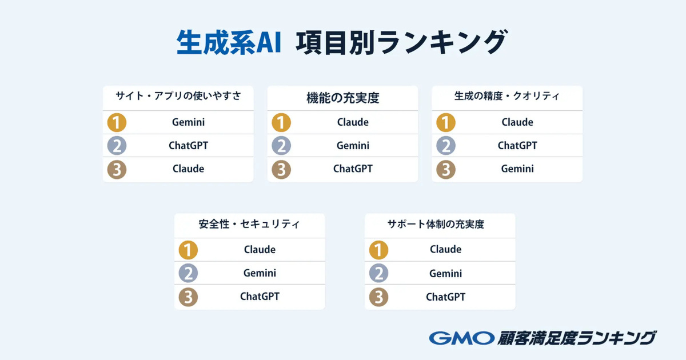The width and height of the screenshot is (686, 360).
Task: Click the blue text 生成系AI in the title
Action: (x=229, y=42)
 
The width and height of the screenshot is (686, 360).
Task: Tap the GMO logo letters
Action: (x=462, y=338)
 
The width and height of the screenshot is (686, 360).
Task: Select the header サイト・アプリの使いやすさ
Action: (x=178, y=96)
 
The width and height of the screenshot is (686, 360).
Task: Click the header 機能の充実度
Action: (x=342, y=98)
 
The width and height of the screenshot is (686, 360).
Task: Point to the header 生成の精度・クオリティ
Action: (x=507, y=96)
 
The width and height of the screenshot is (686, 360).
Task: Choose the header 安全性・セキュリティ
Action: (x=249, y=224)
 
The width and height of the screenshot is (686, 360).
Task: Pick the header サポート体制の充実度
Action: (x=436, y=224)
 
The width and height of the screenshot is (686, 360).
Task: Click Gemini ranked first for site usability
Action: (x=188, y=122)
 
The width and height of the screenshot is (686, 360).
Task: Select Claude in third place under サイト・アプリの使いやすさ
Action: (x=188, y=169)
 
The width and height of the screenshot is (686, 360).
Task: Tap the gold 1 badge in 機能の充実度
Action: (x=281, y=122)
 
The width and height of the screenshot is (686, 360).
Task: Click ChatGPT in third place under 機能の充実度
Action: (x=353, y=169)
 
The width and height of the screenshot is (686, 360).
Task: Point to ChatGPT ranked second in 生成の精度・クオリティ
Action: (x=517, y=145)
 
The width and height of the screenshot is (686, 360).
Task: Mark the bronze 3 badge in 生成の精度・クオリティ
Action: (x=445, y=169)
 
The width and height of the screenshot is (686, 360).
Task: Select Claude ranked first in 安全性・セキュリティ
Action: (x=260, y=250)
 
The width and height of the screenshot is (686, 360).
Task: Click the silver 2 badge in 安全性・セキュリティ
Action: (x=188, y=273)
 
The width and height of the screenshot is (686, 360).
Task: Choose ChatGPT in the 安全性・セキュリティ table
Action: (x=260, y=297)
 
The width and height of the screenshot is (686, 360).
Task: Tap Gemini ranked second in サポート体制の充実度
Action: (x=445, y=273)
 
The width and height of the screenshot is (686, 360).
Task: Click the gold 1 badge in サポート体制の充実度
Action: (x=378, y=250)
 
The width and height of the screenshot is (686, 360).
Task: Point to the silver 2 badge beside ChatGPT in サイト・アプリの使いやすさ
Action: (x=117, y=146)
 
